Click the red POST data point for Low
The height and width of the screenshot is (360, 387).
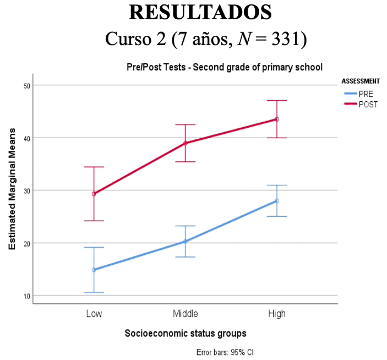pos(94,194)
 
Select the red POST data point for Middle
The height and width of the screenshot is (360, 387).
pos(186,143)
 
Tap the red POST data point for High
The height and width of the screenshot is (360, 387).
pos(277,119)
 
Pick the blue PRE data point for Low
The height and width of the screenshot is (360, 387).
pos(94,270)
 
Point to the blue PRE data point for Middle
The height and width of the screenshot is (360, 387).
pos(186,241)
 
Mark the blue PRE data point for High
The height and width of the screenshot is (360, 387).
pos(277,201)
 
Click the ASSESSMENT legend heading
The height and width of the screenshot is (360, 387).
pos(361,81)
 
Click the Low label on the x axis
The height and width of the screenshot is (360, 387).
pos(94,314)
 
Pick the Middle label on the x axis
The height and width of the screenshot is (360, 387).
pos(186,314)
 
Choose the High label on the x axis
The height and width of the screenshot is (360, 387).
pos(277,314)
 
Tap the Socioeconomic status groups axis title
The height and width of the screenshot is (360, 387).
pos(185,333)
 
